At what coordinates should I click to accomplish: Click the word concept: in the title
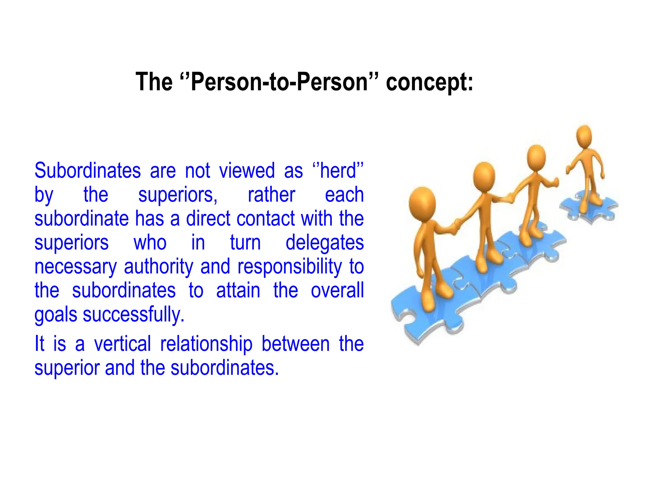[429, 82]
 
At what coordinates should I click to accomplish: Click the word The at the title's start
[154, 82]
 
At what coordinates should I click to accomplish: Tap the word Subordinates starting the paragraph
[88, 171]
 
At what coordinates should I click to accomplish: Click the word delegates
[324, 243]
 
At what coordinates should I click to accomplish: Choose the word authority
[158, 267]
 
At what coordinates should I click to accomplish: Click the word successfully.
[133, 315]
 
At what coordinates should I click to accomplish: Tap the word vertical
[122, 344]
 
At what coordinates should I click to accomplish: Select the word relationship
[206, 344]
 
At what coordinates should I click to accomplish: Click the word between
[295, 344]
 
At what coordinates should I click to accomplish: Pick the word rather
[271, 195]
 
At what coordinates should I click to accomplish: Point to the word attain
[238, 291]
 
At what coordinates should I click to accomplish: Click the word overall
[337, 291]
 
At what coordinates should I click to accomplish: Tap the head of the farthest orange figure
[584, 136]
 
